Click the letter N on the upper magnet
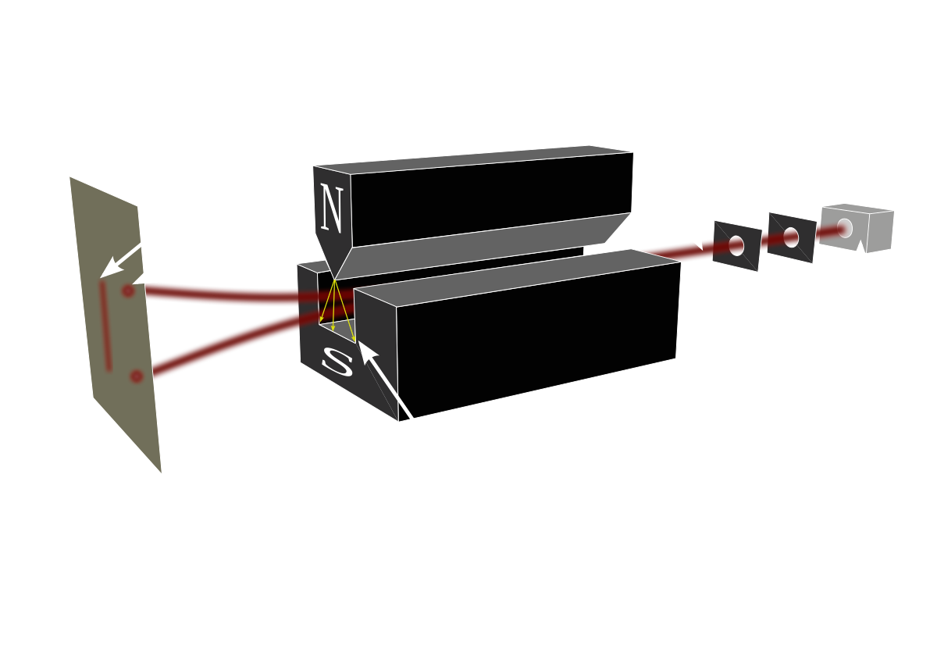(332, 208)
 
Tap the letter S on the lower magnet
(337, 362)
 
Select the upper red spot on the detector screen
(128, 291)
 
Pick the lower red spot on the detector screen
(137, 376)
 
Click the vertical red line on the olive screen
(105, 326)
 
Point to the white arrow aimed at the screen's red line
(120, 262)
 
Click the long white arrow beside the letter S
(386, 380)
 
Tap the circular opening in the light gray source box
(845, 228)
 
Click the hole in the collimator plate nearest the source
(790, 237)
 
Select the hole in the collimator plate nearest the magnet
(736, 245)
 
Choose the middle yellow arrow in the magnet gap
(334, 305)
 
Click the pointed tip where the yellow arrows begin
(335, 280)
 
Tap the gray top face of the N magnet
(472, 159)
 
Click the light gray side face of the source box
(880, 232)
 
